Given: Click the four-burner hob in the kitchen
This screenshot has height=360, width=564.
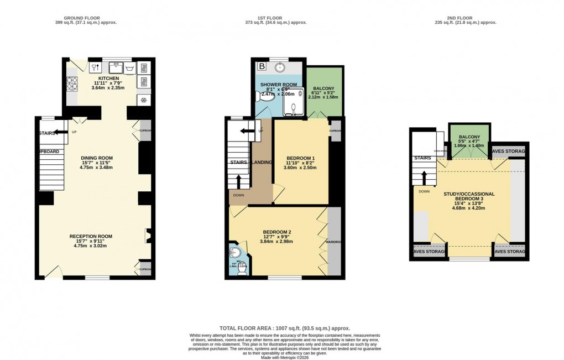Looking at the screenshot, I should pyautogui.click(x=72, y=84).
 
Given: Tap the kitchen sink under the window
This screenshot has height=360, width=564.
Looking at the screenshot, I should pyautogui.click(x=117, y=68).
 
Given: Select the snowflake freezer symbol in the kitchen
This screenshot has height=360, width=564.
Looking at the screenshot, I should pyautogui.click(x=143, y=100).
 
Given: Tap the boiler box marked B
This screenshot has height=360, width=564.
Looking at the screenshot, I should pyautogui.click(x=262, y=66).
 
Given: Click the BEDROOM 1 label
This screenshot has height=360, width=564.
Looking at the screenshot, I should pyautogui.click(x=300, y=159).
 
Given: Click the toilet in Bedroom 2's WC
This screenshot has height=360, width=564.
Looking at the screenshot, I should pyautogui.click(x=232, y=254).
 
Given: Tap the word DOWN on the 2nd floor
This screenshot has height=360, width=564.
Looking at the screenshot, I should pyautogui.click(x=424, y=192).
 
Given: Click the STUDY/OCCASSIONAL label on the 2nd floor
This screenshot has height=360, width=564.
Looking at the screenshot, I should pyautogui.click(x=469, y=194).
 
